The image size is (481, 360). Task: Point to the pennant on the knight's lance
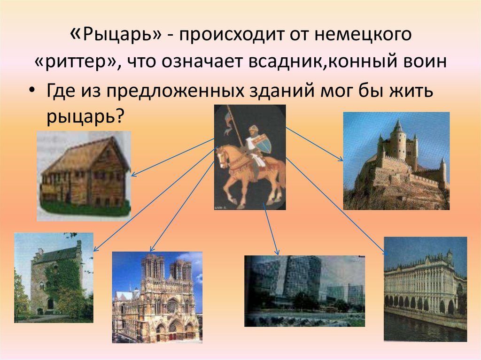[x=227, y=121]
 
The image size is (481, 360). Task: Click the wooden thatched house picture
[x=84, y=176]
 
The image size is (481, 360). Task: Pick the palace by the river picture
[x=425, y=289]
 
